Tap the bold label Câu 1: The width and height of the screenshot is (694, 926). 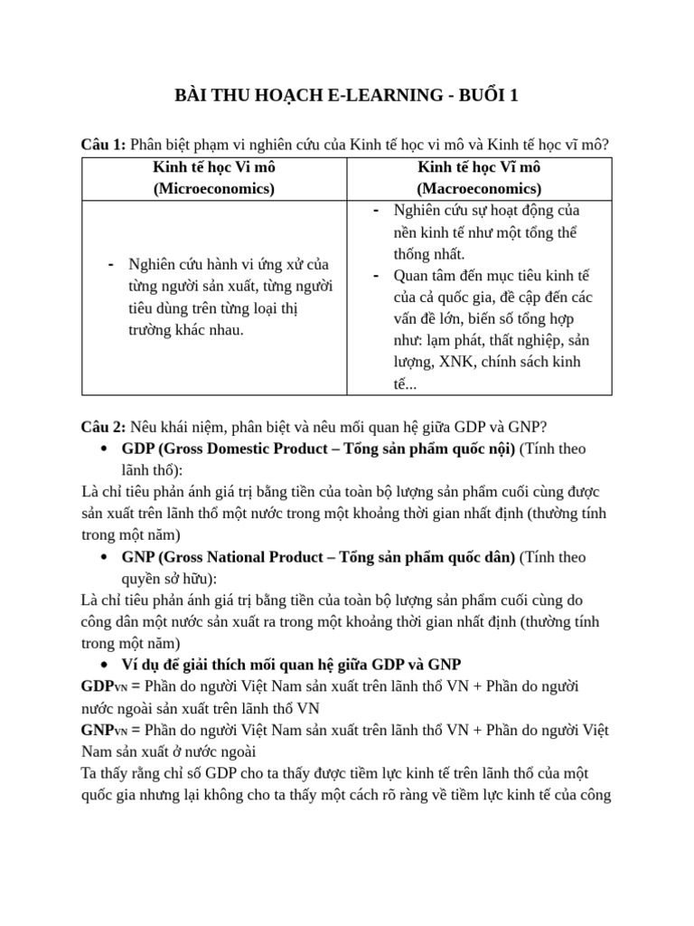coord(103,145)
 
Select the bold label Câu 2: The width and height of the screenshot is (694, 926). coord(103,427)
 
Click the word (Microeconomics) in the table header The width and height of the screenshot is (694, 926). coord(214,189)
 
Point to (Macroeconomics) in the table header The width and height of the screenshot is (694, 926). coord(479,189)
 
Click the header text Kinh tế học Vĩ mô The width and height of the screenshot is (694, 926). coord(479,167)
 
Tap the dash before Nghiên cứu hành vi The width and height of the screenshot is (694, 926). coord(110,264)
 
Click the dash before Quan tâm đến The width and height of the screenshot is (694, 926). coord(376,275)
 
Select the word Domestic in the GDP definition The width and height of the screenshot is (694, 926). coord(246,449)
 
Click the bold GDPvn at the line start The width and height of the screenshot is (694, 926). coord(100,687)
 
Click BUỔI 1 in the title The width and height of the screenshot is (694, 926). coord(488,97)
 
